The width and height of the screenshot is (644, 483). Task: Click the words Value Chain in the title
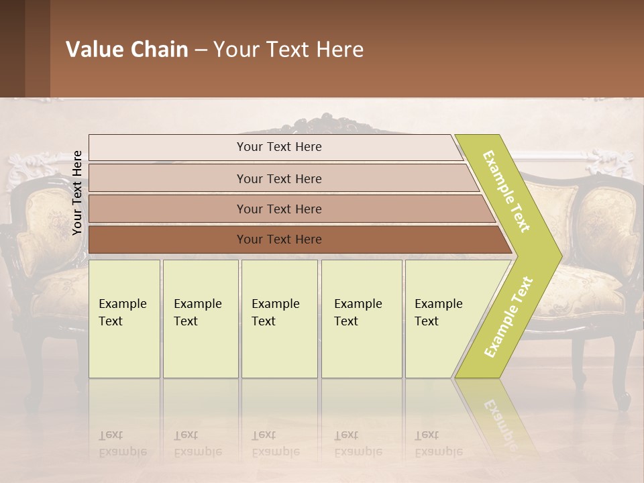127,50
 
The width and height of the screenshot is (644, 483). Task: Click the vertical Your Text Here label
77,193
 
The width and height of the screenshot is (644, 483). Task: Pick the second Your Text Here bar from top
279,178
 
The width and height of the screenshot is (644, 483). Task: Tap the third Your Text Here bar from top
279,209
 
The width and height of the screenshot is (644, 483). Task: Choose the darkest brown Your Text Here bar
279,239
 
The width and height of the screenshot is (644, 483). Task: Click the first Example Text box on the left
124,319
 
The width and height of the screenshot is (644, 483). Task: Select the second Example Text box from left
200,319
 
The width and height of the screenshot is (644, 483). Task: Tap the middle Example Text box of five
279,319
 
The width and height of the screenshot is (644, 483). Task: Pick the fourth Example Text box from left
361,319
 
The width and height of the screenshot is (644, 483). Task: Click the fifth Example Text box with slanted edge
443,319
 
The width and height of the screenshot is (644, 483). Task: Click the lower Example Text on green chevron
508,317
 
